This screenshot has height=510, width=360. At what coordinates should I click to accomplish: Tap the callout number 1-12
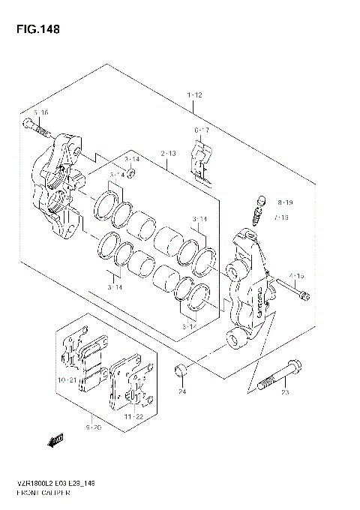[194, 95]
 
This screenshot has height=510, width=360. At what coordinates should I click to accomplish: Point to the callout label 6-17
[202, 130]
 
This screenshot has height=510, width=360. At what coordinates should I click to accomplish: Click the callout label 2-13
[167, 154]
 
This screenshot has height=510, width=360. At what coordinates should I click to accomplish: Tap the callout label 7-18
[283, 217]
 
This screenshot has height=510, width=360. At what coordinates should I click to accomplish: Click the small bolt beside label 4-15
[292, 290]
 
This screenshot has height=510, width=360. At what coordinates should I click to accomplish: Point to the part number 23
[285, 391]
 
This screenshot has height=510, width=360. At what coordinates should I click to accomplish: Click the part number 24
[181, 391]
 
